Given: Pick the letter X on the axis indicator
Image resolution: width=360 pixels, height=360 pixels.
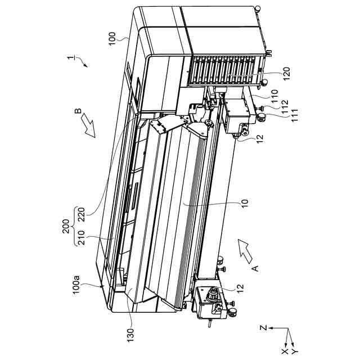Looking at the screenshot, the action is pos(286,351).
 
